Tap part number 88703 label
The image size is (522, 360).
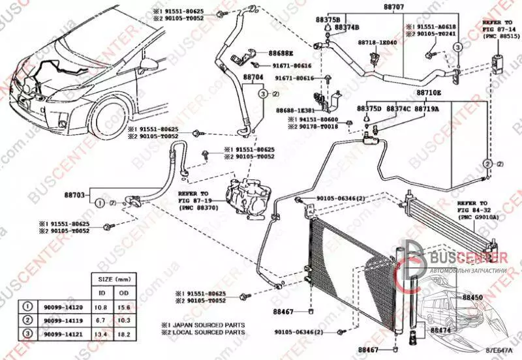[74, 196]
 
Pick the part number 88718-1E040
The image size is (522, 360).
[377, 42]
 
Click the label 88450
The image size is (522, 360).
[472, 297]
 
